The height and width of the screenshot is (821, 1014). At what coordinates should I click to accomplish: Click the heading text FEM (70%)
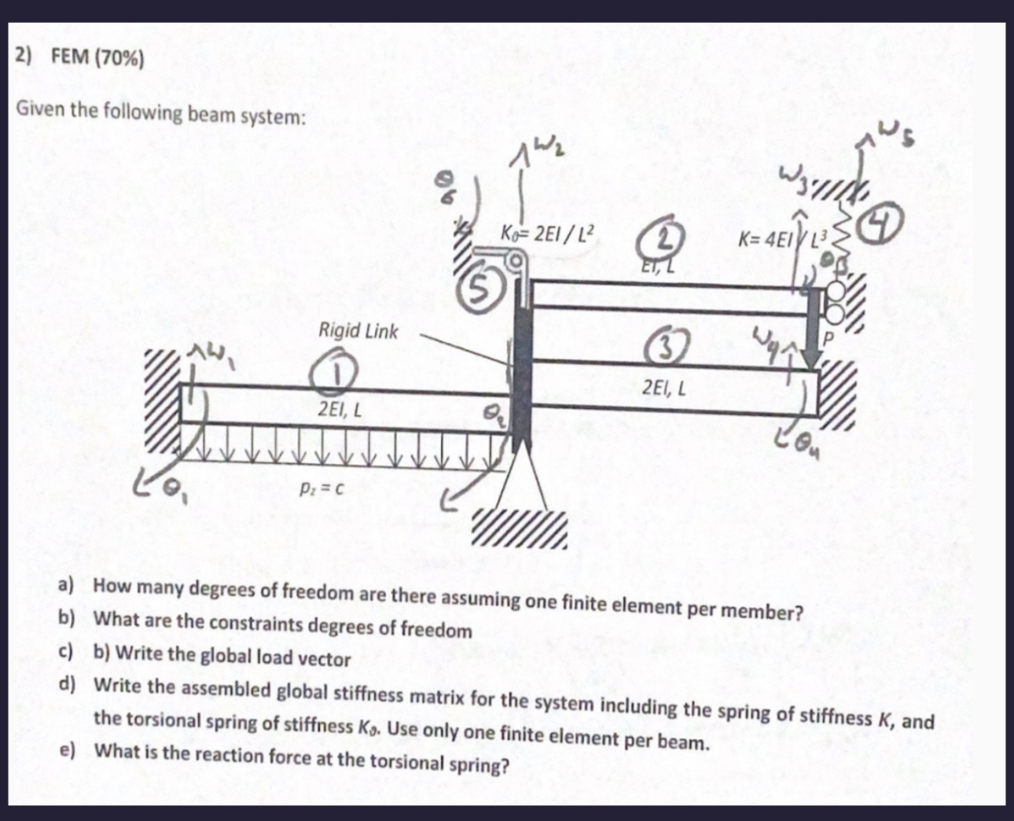click(x=97, y=57)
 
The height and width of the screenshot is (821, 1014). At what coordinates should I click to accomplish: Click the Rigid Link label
click(x=358, y=331)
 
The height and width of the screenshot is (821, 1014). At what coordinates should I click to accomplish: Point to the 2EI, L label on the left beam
click(x=340, y=410)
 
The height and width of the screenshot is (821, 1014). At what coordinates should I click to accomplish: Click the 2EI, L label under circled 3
click(x=664, y=388)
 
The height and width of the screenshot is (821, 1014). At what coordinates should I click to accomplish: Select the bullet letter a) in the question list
click(x=65, y=585)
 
